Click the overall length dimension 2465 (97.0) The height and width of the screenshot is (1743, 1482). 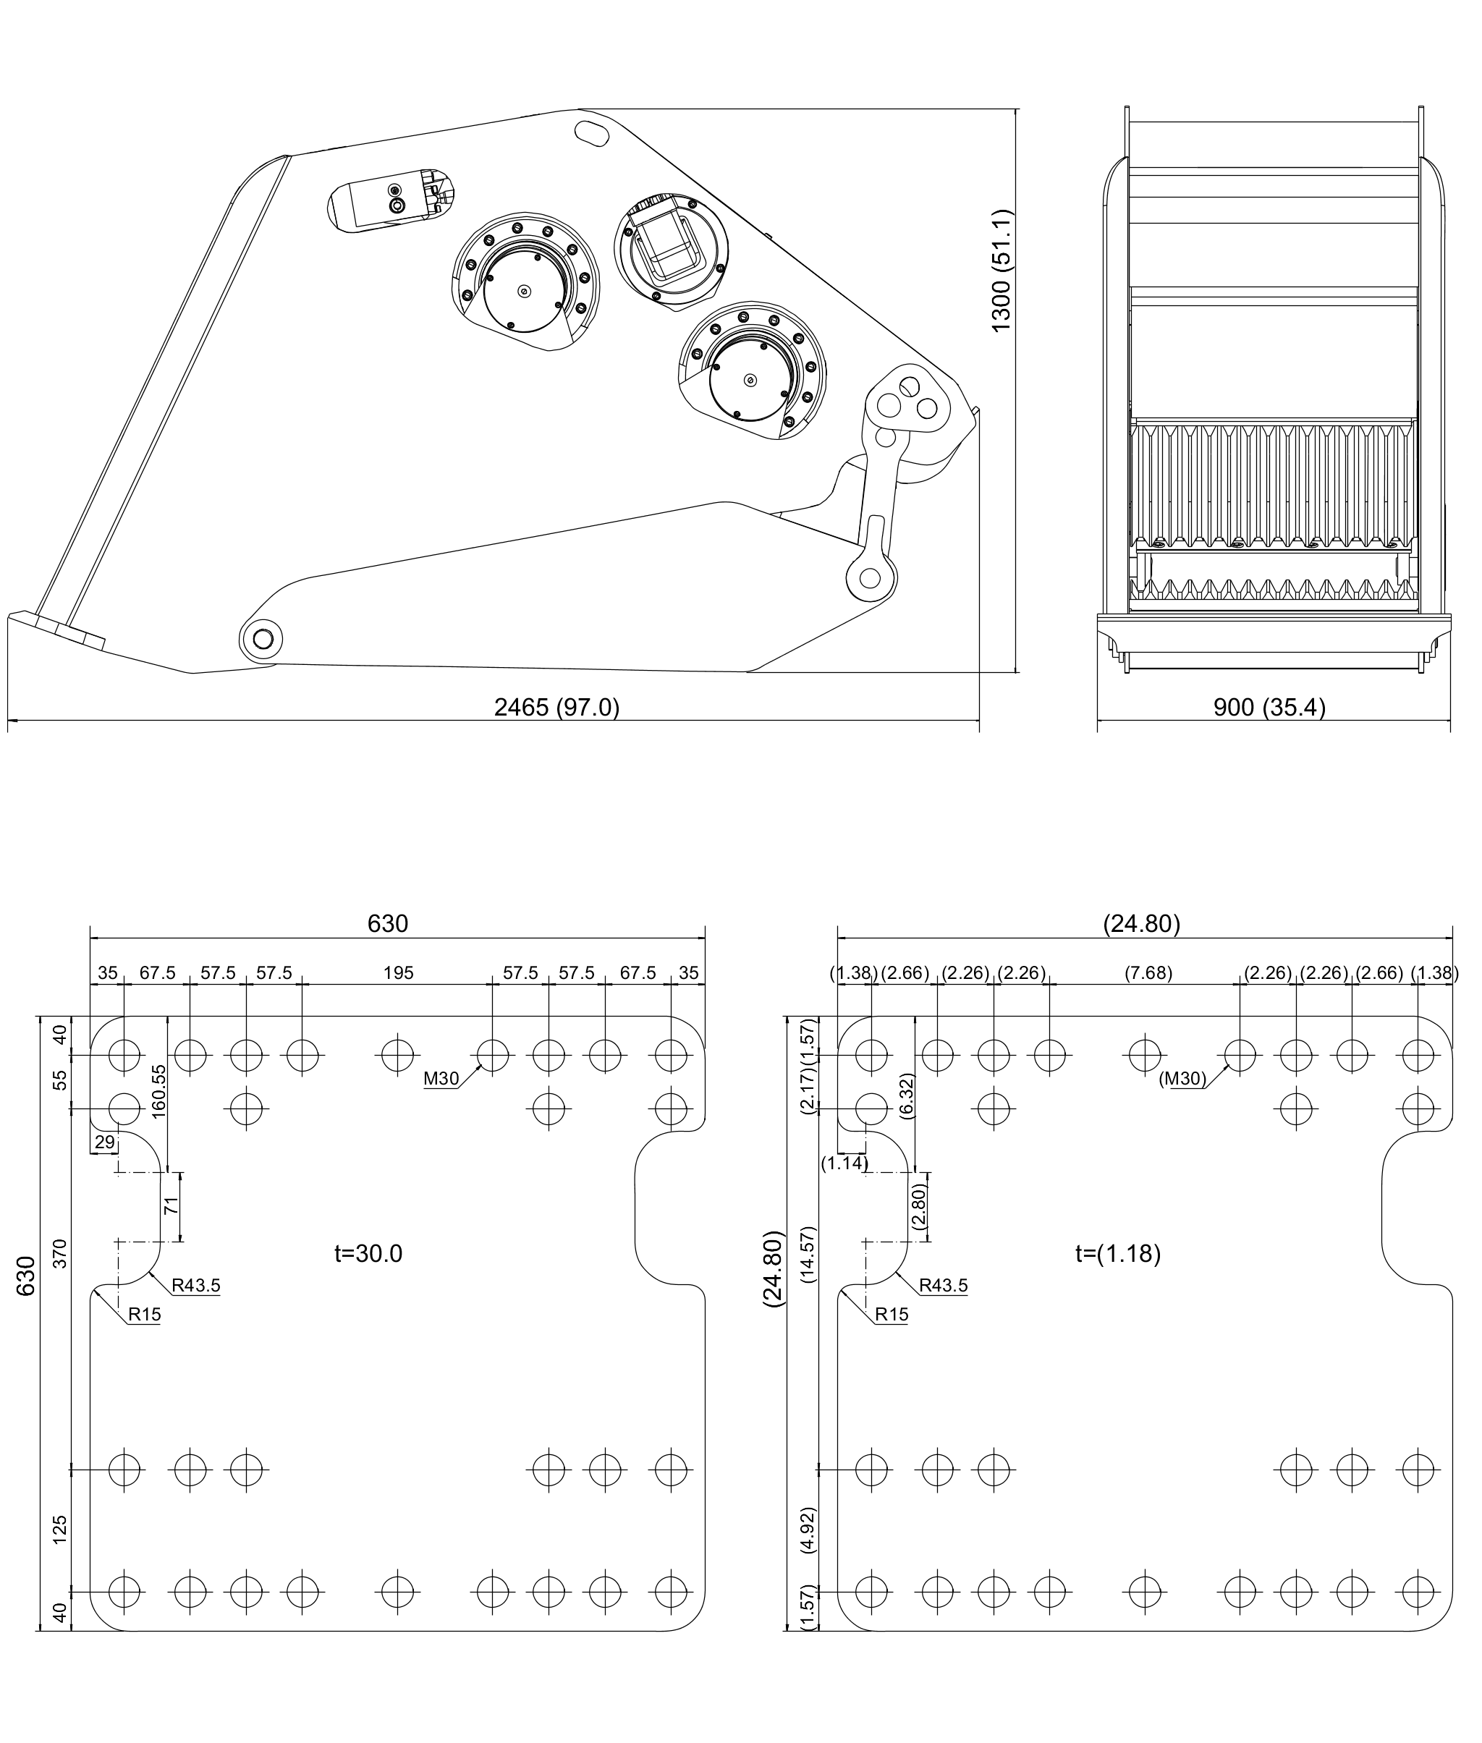tap(556, 708)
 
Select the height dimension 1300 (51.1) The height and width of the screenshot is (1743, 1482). tap(1002, 271)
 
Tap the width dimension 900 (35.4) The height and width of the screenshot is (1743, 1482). tap(1269, 708)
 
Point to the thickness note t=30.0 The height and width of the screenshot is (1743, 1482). tap(368, 1253)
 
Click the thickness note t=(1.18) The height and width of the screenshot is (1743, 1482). tap(1118, 1253)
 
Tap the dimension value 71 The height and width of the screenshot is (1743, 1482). tap(172, 1207)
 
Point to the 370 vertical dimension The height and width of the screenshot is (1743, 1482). tap(59, 1254)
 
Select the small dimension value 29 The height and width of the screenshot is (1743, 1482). tap(104, 1142)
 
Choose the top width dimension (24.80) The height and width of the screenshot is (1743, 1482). tap(1142, 924)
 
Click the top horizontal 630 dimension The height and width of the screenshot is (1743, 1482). tap(388, 924)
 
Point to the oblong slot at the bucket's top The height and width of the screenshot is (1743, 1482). tap(593, 132)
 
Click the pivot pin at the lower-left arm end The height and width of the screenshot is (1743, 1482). tap(262, 639)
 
